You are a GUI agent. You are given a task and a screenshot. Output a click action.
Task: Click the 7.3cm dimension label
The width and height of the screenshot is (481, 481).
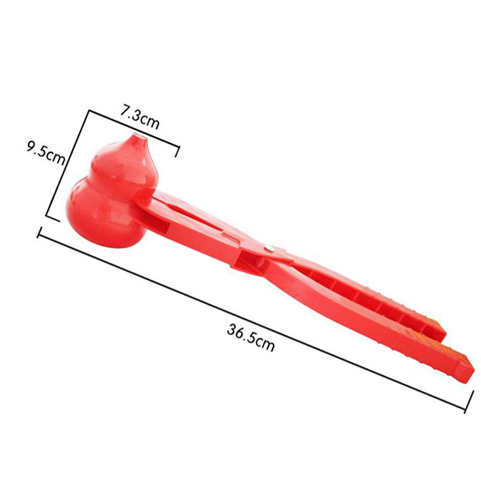139,118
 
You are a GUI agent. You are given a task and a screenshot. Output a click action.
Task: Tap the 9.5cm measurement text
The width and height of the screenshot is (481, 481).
46,153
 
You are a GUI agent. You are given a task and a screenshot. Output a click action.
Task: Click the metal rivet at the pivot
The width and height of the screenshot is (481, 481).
270,248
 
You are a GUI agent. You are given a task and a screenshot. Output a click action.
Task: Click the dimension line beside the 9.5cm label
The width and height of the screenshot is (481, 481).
67,163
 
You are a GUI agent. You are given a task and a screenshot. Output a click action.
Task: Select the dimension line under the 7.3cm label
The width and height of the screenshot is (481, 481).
133,129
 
